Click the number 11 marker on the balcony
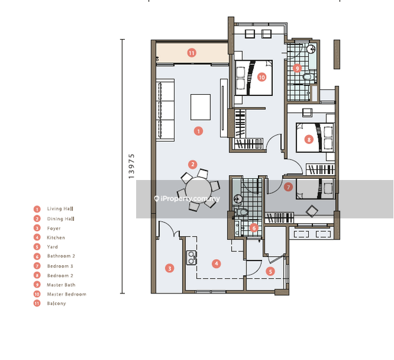(192, 53)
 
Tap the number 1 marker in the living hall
(198, 131)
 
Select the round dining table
(198, 190)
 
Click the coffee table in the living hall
(200, 107)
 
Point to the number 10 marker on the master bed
(261, 77)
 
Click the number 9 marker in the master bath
(297, 68)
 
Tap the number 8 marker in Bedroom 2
(309, 140)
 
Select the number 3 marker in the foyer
(170, 268)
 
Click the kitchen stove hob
(191, 257)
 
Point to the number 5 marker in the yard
(270, 271)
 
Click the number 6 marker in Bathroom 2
(254, 228)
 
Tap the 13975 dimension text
(131, 166)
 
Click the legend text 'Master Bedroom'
(67, 294)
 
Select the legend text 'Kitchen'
(56, 238)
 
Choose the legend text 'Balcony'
(56, 304)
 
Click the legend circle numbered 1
(37, 209)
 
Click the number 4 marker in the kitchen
(216, 264)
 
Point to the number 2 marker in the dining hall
(193, 164)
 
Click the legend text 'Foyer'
(54, 229)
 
